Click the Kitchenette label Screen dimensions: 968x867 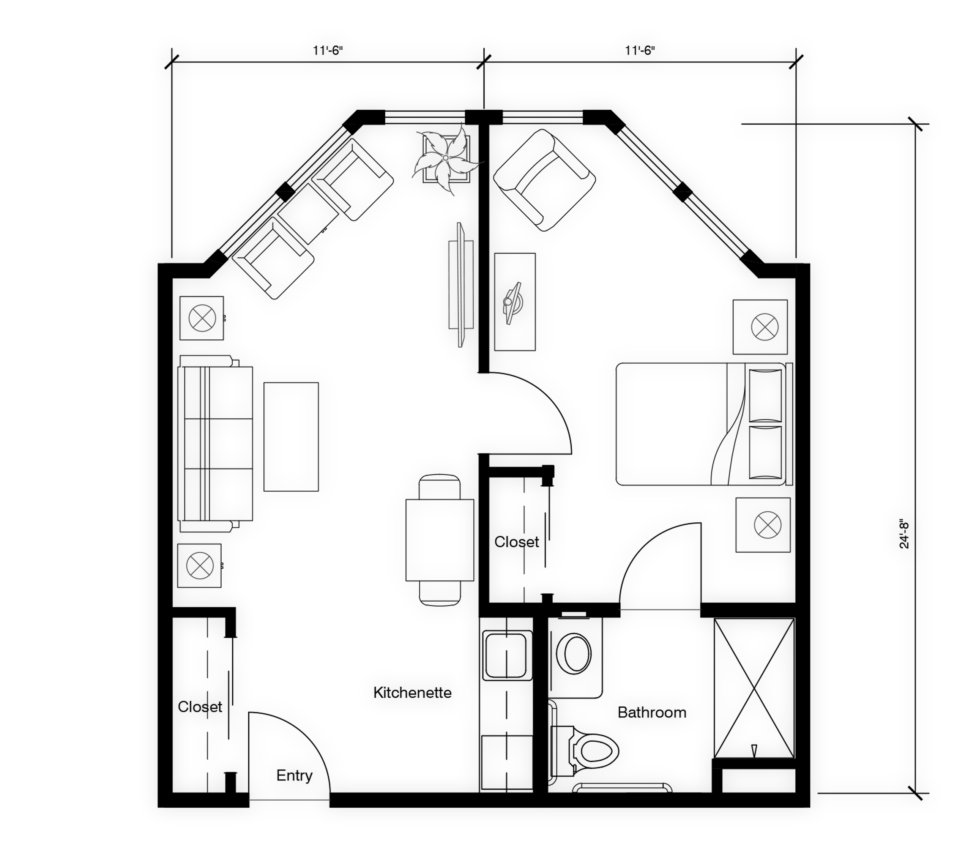[412, 692]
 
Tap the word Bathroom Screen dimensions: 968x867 [652, 712]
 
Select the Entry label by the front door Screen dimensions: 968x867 [295, 776]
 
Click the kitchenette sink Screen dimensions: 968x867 [507, 655]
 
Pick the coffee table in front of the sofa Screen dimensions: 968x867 [291, 437]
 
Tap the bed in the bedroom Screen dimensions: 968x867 [704, 424]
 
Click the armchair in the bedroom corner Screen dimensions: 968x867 [544, 180]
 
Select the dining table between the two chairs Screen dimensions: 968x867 [440, 540]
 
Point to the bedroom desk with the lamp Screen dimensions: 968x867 [515, 302]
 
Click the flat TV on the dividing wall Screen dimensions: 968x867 [461, 285]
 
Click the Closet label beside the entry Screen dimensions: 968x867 [200, 706]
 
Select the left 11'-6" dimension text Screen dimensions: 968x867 [328, 50]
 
